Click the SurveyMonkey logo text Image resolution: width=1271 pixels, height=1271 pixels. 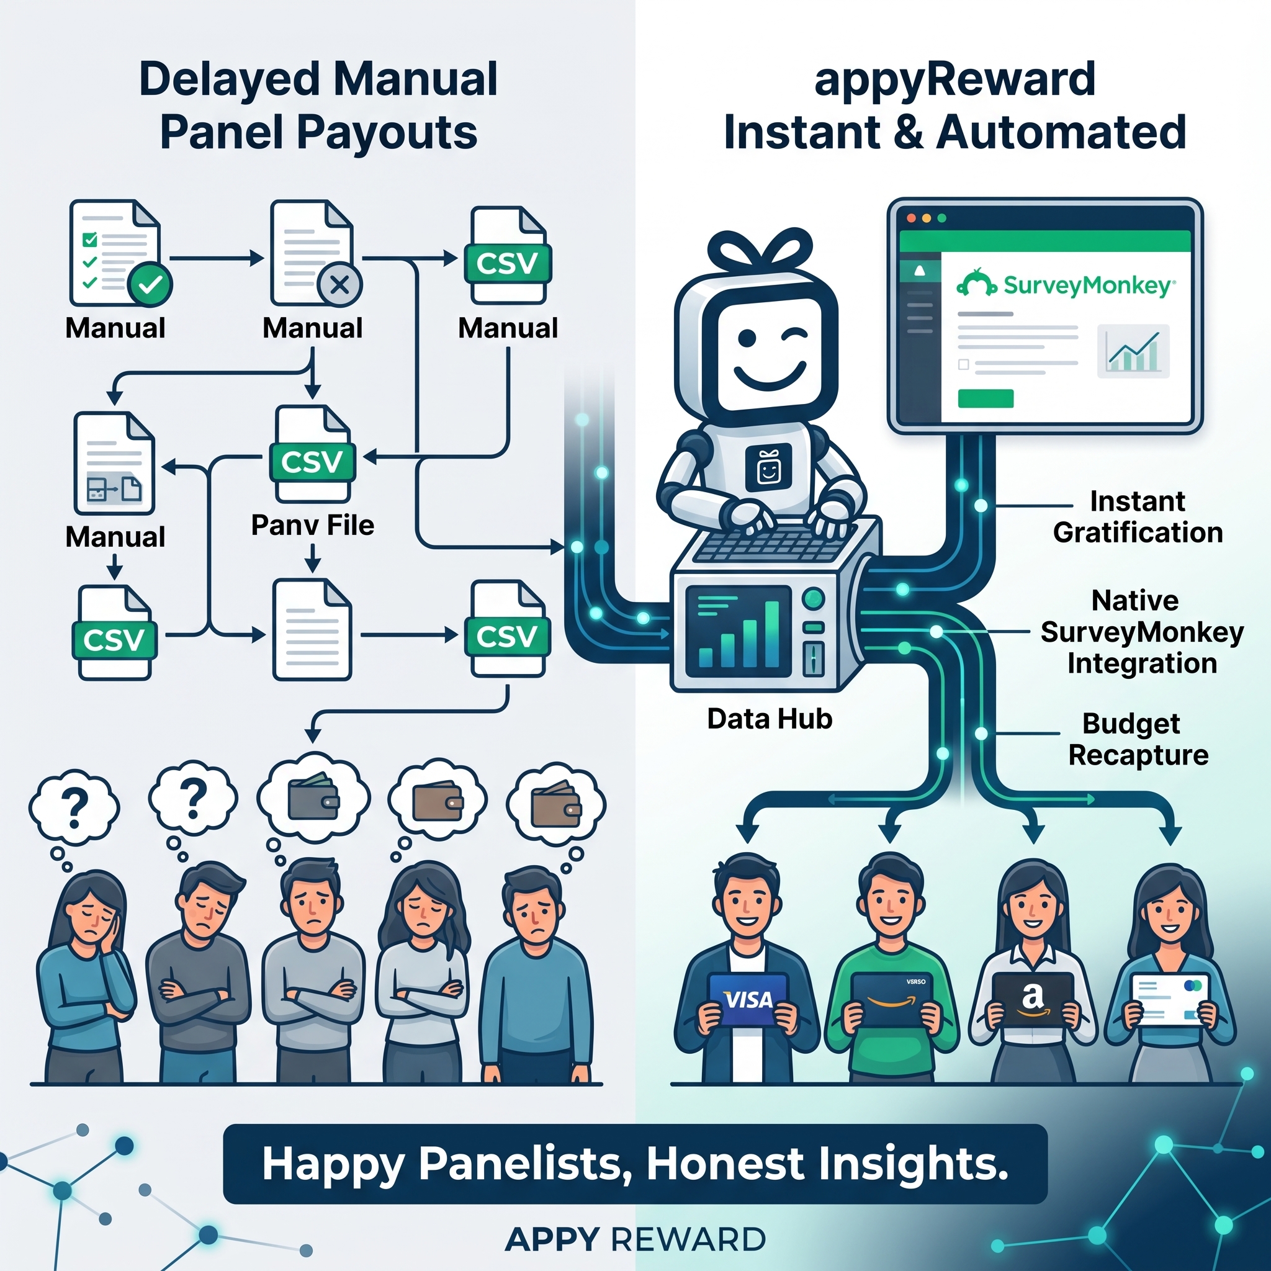pyautogui.click(x=1088, y=286)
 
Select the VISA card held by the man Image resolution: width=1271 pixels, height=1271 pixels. pyautogui.click(x=748, y=999)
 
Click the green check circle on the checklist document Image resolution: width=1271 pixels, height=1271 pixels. pyautogui.click(x=151, y=284)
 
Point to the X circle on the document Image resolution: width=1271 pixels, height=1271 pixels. pyautogui.click(x=339, y=285)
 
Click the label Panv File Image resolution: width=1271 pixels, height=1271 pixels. pyautogui.click(x=313, y=525)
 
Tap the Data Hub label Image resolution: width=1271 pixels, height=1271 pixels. pyautogui.click(x=770, y=719)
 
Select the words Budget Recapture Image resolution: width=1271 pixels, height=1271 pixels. pyautogui.click(x=1138, y=739)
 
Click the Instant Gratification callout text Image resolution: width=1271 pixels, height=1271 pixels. pyautogui.click(x=1138, y=517)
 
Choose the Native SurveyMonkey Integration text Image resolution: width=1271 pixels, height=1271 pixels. pyautogui.click(x=1142, y=632)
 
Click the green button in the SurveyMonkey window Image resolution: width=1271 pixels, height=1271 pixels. pyautogui.click(x=986, y=398)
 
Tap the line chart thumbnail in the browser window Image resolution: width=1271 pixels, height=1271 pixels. pyautogui.click(x=1133, y=351)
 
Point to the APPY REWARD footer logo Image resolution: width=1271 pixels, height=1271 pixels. pyautogui.click(x=635, y=1240)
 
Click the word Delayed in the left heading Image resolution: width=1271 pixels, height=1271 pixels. pyautogui.click(x=230, y=79)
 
